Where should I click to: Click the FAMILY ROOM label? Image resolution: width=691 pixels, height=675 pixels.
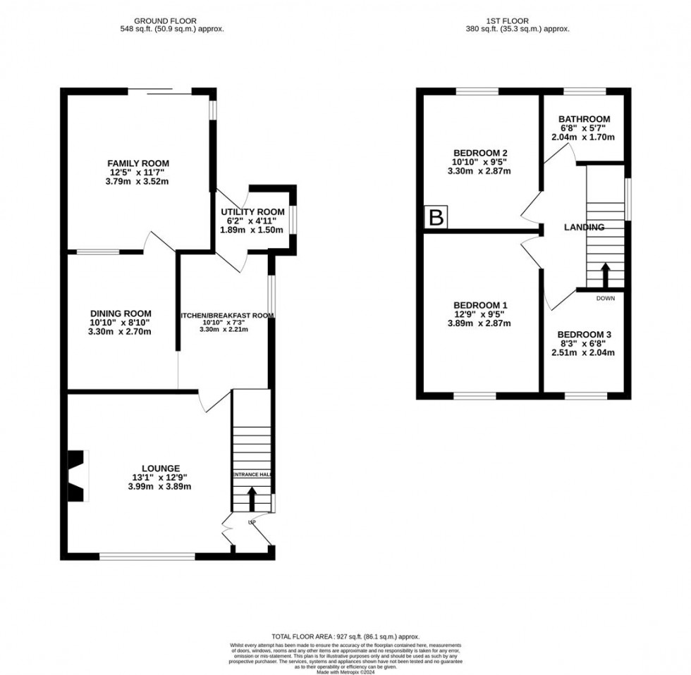click(138, 163)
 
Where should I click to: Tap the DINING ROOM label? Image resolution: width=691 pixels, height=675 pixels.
click(121, 314)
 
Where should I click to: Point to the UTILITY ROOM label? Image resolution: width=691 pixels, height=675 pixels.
click(253, 212)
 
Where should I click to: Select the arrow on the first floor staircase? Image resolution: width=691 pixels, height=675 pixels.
click(605, 275)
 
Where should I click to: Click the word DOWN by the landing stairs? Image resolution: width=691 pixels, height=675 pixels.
click(606, 298)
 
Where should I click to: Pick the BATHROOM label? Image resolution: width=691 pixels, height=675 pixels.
click(585, 119)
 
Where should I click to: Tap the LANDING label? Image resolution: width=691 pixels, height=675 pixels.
click(585, 228)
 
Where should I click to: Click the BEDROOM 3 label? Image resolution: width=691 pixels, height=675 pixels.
click(585, 335)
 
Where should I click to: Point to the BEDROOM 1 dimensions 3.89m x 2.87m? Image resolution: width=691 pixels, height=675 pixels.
click(482, 323)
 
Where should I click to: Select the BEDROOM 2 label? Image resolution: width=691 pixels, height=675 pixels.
click(482, 153)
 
